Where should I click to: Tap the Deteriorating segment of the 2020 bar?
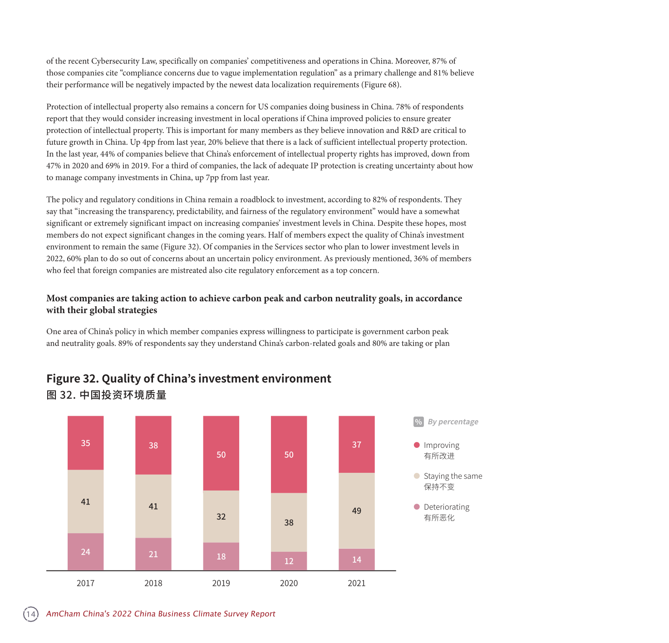pos(289,561)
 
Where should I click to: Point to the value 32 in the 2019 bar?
pos(221,517)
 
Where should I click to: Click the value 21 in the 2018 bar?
pos(153,555)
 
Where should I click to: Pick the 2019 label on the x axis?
pos(221,583)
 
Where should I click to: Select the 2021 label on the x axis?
pos(356,583)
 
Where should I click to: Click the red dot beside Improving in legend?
pos(417,445)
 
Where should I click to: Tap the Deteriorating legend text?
pos(446,507)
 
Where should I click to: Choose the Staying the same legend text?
pos(453,476)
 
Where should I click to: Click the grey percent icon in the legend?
pos(418,422)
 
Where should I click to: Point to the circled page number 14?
pos(31,614)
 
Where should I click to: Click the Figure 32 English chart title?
pos(188,378)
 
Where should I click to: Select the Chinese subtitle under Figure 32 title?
pos(106,395)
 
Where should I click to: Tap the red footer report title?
pos(161,614)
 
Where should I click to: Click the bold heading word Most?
pos(57,299)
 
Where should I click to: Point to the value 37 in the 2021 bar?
pos(356,445)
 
